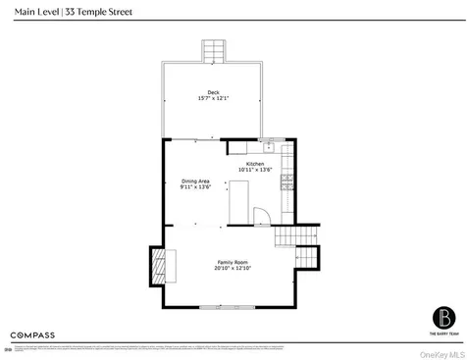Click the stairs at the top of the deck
pyautogui.click(x=213, y=50)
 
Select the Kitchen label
pyautogui.click(x=255, y=164)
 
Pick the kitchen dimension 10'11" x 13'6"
pyautogui.click(x=255, y=171)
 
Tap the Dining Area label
pyautogui.click(x=196, y=180)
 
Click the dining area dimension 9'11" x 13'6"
pyautogui.click(x=196, y=187)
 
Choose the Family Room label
pyautogui.click(x=233, y=263)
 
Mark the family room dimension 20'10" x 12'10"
pyautogui.click(x=233, y=271)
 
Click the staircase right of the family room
pyautogui.click(x=297, y=245)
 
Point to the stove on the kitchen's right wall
pyautogui.click(x=286, y=181)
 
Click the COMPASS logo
pyautogui.click(x=32, y=334)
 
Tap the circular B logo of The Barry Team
pyautogui.click(x=441, y=319)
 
